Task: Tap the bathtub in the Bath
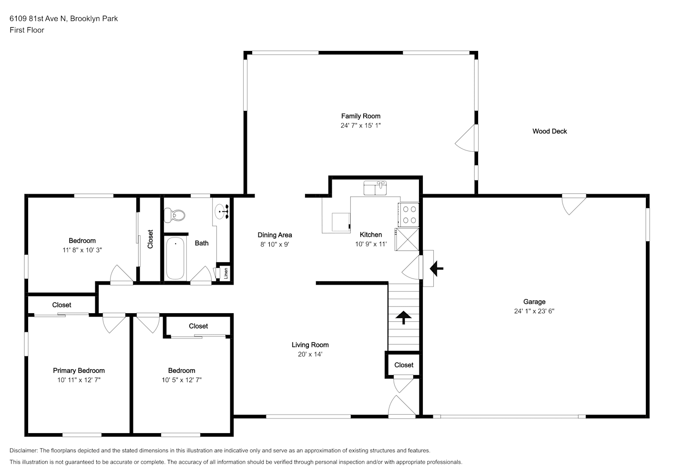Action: (x=175, y=258)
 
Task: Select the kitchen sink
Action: (x=375, y=188)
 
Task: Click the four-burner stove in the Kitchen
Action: (x=408, y=215)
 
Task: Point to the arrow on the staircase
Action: (x=403, y=317)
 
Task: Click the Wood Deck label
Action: (x=550, y=131)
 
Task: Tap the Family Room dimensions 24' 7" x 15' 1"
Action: (x=360, y=125)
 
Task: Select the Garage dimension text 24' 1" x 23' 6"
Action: (x=534, y=311)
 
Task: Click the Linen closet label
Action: (x=226, y=273)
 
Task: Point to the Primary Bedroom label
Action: (x=79, y=370)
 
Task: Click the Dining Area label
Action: (x=275, y=235)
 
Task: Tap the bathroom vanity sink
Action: (x=222, y=211)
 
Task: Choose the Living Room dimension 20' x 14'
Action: (x=310, y=354)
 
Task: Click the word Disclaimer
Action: (x=23, y=450)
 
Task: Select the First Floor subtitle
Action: (x=27, y=30)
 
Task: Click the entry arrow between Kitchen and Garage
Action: (x=436, y=268)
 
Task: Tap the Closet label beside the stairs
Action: (x=404, y=365)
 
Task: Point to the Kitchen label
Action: (x=371, y=235)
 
